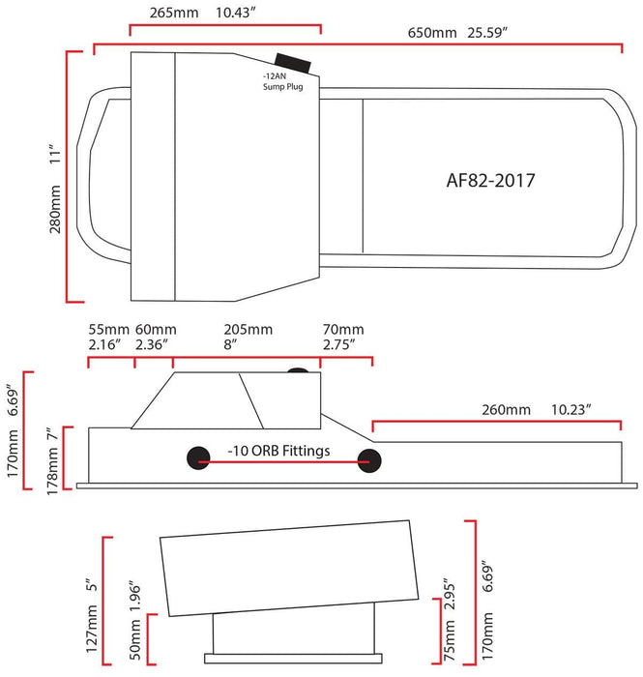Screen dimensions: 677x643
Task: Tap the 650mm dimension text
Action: pos(431,33)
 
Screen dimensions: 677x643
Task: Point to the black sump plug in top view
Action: pos(294,63)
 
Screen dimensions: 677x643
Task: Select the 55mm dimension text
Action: pos(106,329)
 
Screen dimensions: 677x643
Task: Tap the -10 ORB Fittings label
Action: pos(279,451)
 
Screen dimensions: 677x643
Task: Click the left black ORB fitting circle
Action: pos(199,460)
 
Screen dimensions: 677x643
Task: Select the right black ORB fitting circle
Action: pos(368,460)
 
